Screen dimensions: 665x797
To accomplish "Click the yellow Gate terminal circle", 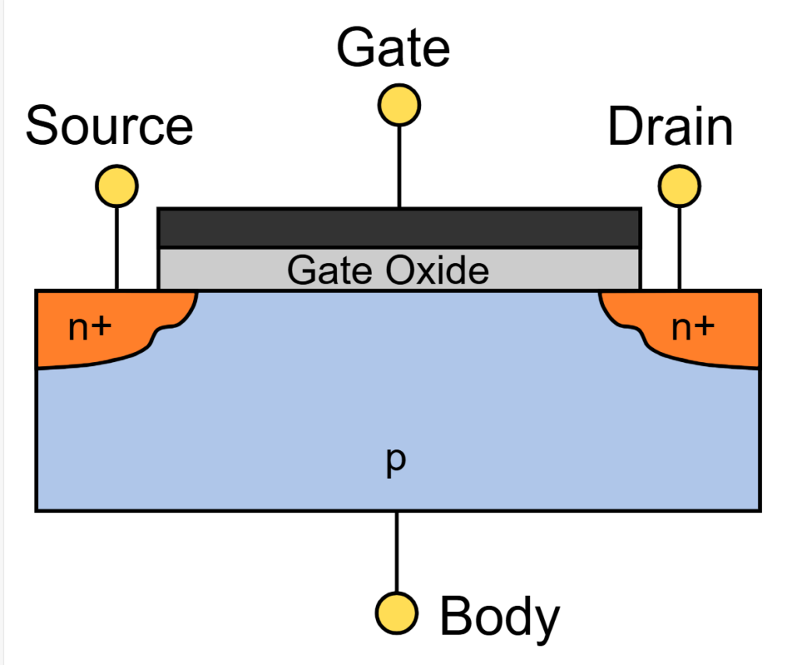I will (x=399, y=104).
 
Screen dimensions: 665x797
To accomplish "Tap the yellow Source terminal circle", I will (x=117, y=186).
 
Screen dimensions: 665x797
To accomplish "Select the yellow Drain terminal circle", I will (x=679, y=186).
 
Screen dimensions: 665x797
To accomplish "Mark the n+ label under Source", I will (x=90, y=329).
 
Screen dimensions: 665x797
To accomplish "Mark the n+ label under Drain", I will (x=692, y=329).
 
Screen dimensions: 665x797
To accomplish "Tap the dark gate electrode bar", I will (x=399, y=228).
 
